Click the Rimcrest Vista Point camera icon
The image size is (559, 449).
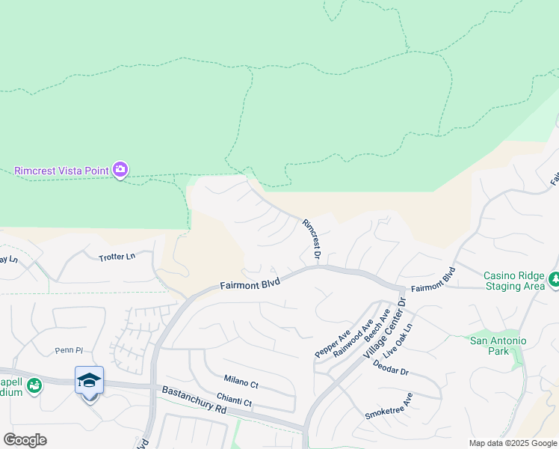tap(120, 170)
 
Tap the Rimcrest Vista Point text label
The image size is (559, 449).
tap(61, 171)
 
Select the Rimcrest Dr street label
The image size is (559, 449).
tap(312, 240)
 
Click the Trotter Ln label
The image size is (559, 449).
tap(117, 257)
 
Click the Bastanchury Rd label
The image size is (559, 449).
tap(194, 400)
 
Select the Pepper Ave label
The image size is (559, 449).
tap(333, 343)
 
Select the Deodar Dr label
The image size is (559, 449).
tap(390, 370)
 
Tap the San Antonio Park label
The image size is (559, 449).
tap(498, 346)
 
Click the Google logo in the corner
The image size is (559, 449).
tap(25, 440)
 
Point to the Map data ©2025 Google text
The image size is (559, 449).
tap(512, 443)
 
